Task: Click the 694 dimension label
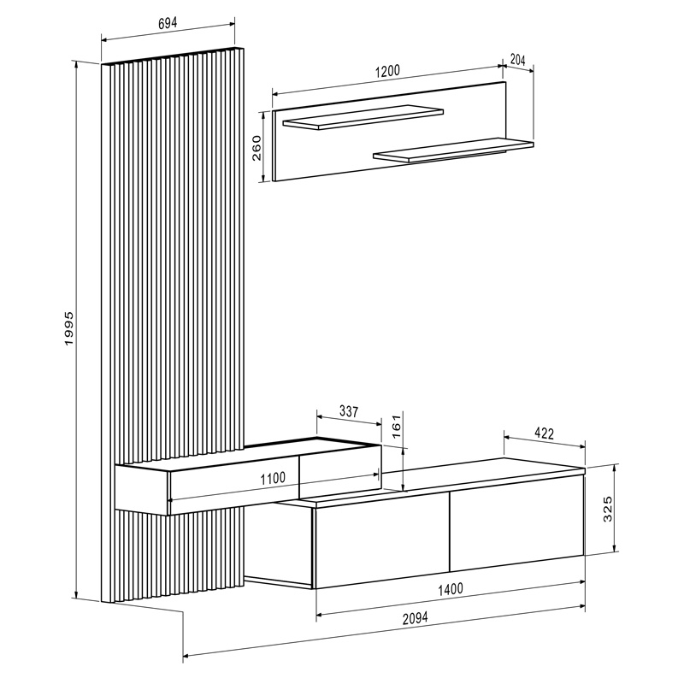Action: coord(168,24)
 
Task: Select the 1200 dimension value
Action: coord(387,72)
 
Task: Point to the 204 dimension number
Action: coord(517,60)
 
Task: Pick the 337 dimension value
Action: coord(348,411)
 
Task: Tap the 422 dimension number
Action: coord(545,433)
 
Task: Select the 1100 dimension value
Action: coord(273,479)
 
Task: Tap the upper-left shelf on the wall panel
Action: coord(363,118)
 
